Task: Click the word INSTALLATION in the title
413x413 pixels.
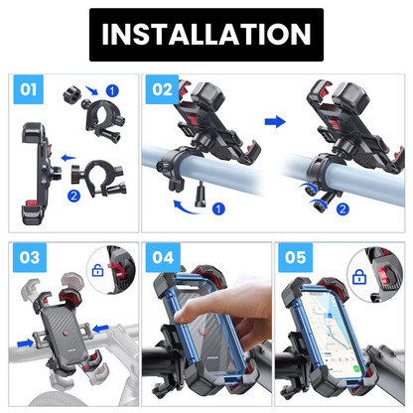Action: tap(206, 35)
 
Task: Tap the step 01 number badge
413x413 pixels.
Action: tap(29, 90)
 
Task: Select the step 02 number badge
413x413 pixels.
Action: tap(162, 90)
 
